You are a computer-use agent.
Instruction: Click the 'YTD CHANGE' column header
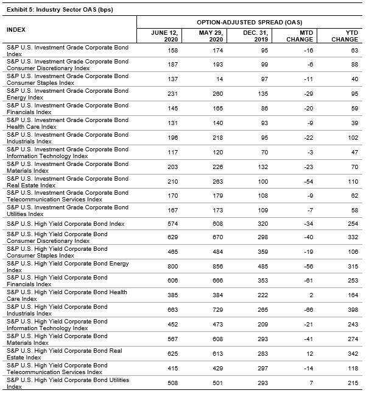coord(345,36)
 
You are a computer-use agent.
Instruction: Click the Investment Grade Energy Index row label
coord(67,94)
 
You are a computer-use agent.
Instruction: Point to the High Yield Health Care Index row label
coord(67,295)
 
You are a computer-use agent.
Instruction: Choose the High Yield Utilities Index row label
coord(67,383)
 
